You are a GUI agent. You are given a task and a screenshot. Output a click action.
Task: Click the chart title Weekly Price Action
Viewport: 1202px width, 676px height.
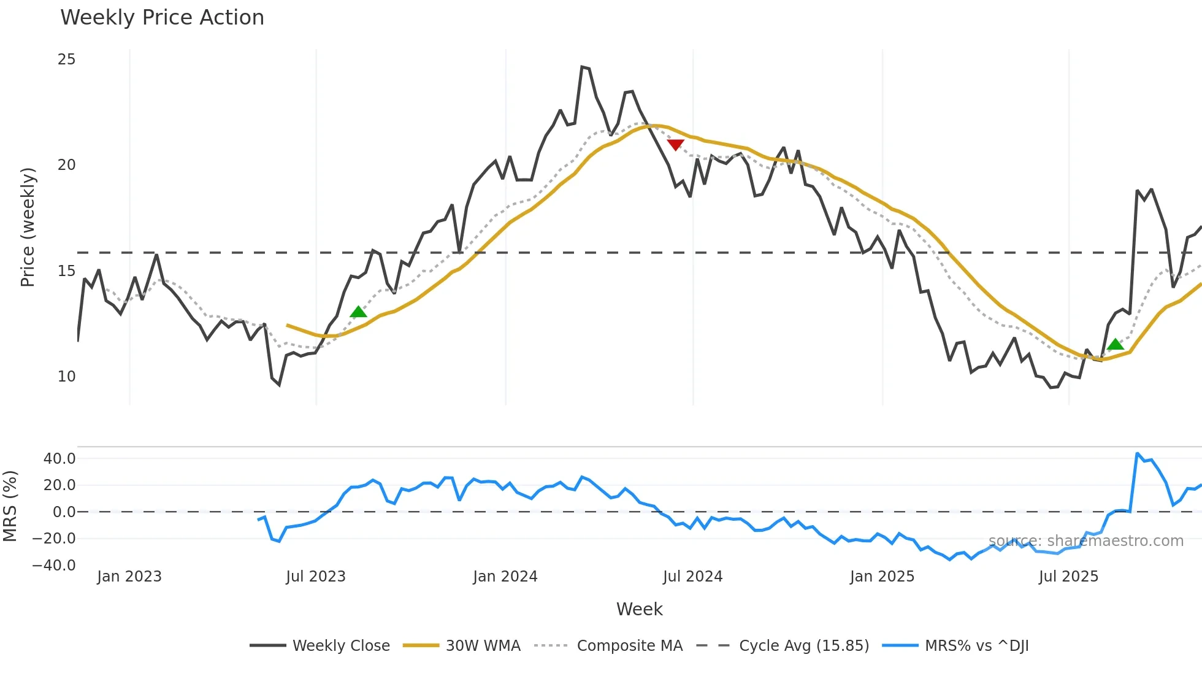[162, 18]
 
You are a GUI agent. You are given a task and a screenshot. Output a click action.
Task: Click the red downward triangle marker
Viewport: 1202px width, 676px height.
[675, 145]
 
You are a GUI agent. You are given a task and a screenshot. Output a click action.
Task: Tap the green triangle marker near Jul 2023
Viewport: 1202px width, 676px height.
[358, 312]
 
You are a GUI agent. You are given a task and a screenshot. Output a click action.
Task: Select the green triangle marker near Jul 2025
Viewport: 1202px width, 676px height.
[1116, 344]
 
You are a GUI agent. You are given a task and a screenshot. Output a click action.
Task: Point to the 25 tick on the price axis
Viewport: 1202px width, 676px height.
[66, 60]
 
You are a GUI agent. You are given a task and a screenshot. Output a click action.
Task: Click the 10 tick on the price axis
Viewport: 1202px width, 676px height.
[66, 377]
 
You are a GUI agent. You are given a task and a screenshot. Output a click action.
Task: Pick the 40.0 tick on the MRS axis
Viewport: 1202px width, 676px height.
[59, 459]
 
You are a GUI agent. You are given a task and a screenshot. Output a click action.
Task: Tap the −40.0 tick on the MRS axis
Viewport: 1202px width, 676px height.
[54, 566]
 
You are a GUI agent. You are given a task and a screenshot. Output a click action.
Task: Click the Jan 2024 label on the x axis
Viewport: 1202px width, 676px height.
[505, 577]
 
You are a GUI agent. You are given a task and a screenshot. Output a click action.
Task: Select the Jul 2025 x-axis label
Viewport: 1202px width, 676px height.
[1068, 577]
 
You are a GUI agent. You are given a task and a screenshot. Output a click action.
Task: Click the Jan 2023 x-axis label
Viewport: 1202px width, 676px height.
[129, 577]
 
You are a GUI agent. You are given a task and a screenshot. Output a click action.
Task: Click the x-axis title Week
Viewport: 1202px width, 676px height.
[639, 609]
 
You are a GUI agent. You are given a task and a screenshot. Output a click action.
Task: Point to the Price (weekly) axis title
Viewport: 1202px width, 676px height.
[28, 227]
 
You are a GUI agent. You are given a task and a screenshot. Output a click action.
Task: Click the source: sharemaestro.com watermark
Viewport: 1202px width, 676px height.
[1085, 541]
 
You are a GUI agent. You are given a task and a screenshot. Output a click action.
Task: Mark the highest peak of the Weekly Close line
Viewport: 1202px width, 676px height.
[582, 67]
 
